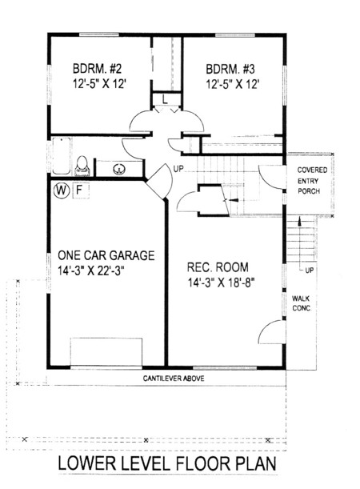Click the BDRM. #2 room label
(x=97, y=68)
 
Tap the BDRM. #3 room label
(x=230, y=69)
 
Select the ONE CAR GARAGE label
(x=106, y=255)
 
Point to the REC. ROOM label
(x=218, y=267)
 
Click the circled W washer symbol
(x=62, y=190)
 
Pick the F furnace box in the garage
(x=81, y=190)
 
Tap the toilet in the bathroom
(x=82, y=166)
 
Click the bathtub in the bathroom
(x=62, y=155)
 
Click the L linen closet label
(x=165, y=100)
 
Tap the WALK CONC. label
(x=302, y=303)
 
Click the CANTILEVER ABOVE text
(x=174, y=379)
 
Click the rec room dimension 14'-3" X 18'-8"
(x=222, y=283)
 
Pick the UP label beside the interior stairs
(x=178, y=170)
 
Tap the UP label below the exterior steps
(x=309, y=271)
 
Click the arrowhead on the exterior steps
(x=300, y=222)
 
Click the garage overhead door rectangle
(x=106, y=352)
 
